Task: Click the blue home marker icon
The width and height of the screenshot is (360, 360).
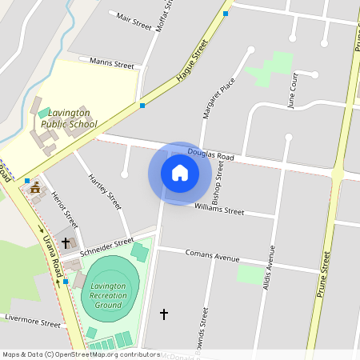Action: tap(180, 173)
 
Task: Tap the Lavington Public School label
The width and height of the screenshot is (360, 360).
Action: tap(68, 119)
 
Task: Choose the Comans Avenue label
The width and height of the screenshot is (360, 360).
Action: tap(213, 256)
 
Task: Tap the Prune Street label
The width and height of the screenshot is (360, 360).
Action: tap(324, 274)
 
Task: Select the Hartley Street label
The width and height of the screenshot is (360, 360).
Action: tap(104, 192)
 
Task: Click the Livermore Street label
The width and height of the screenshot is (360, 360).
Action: tap(32, 323)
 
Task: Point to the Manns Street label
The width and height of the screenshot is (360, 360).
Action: tap(112, 63)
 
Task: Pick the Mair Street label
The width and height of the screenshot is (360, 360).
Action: tap(134, 21)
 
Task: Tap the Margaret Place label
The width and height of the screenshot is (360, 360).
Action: tap(218, 98)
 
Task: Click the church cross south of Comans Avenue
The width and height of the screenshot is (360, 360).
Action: tap(165, 314)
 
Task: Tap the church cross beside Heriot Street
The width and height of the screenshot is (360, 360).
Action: tap(66, 242)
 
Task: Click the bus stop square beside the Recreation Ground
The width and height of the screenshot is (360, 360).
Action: tap(66, 282)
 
